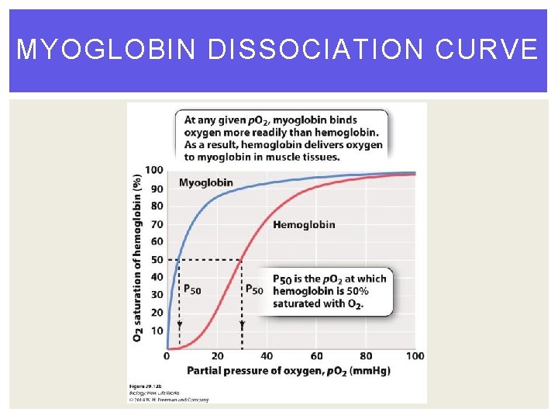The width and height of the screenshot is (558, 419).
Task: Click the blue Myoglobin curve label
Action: [x=205, y=183]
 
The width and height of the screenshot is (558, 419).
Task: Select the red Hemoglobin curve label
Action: [x=304, y=224]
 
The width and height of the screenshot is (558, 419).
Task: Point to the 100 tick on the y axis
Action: [x=153, y=170]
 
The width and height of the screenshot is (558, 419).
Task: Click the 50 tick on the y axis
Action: [x=156, y=259]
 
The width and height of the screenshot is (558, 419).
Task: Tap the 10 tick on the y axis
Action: [x=156, y=331]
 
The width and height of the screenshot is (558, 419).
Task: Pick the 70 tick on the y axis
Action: [x=156, y=223]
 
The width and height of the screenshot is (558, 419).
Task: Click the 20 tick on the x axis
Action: [x=217, y=356]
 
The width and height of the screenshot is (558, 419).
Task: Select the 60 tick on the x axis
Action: [x=316, y=356]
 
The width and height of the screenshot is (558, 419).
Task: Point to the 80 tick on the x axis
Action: [x=366, y=356]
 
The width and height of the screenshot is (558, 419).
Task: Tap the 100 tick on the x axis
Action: [x=415, y=356]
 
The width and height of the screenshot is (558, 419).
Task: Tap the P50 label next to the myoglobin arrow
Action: [x=191, y=289]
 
